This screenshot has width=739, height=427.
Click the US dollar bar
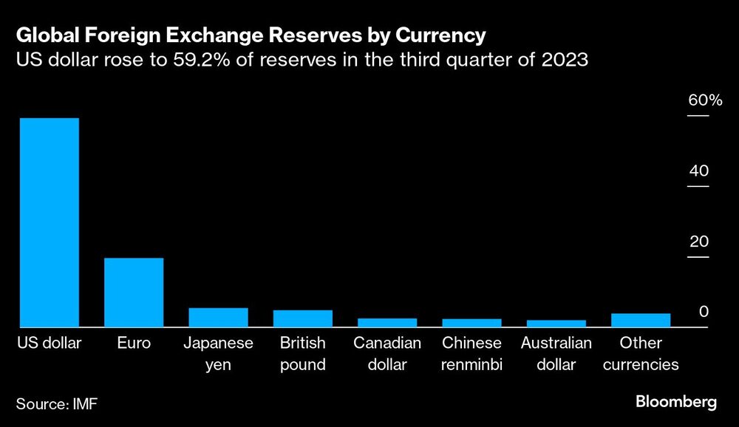(49, 222)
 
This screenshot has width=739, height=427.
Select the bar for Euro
(134, 292)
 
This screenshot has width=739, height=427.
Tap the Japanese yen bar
(218, 317)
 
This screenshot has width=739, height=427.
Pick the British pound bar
(302, 318)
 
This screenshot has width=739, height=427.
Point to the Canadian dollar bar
(387, 322)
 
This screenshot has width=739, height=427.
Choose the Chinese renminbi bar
(471, 323)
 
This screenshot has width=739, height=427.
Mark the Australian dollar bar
(556, 324)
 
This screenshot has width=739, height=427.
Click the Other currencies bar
(641, 320)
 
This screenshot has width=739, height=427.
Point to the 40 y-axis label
(698, 171)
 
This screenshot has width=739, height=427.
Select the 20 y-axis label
(698, 242)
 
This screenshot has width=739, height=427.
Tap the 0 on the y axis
(704, 312)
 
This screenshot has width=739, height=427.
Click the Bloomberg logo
(676, 403)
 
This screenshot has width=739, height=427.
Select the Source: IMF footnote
(57, 403)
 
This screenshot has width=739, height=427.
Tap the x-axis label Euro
(134, 344)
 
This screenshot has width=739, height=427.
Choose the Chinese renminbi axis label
(471, 354)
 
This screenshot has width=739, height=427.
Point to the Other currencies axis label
(641, 354)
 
